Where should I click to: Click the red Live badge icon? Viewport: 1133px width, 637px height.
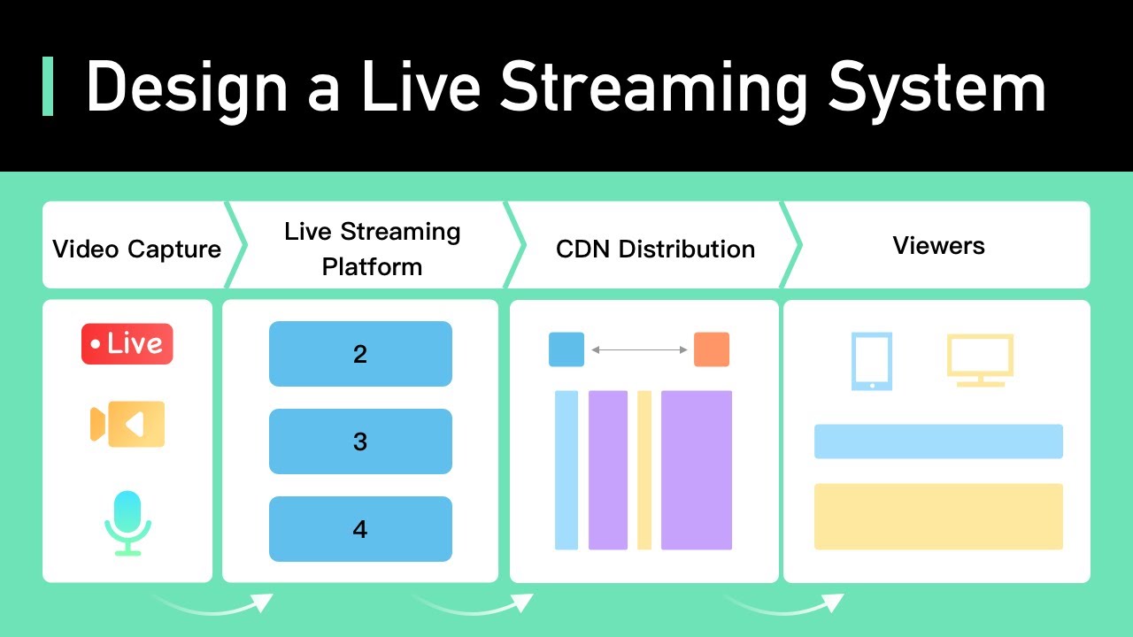click(127, 344)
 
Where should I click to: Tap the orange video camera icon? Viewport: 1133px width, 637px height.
click(127, 424)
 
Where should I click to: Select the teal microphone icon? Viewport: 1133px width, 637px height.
click(127, 522)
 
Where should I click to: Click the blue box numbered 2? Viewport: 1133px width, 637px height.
click(360, 354)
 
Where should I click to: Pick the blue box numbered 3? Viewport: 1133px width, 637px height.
click(360, 441)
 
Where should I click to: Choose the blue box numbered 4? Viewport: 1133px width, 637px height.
click(360, 529)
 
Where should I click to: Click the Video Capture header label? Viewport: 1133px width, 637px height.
click(136, 249)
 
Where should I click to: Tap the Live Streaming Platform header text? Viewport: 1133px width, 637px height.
click(372, 249)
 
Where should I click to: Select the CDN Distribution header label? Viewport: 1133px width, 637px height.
click(655, 249)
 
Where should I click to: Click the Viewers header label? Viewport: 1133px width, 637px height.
click(938, 245)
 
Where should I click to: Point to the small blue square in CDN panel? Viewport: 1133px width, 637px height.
click(566, 349)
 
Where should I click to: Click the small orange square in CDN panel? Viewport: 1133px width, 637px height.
click(712, 349)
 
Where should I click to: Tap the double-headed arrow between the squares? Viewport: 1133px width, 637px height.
click(639, 350)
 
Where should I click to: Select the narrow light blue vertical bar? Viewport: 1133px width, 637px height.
click(566, 470)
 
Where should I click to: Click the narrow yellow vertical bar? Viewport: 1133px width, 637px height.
click(644, 470)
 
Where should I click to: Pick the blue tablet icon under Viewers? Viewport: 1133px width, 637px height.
click(872, 361)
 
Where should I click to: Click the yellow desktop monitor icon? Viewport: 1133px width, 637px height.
click(980, 359)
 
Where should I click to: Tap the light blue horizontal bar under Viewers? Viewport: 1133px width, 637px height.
click(938, 441)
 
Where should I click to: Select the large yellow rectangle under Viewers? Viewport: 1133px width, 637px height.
click(938, 516)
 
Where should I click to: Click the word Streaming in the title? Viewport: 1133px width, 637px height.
click(653, 87)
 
